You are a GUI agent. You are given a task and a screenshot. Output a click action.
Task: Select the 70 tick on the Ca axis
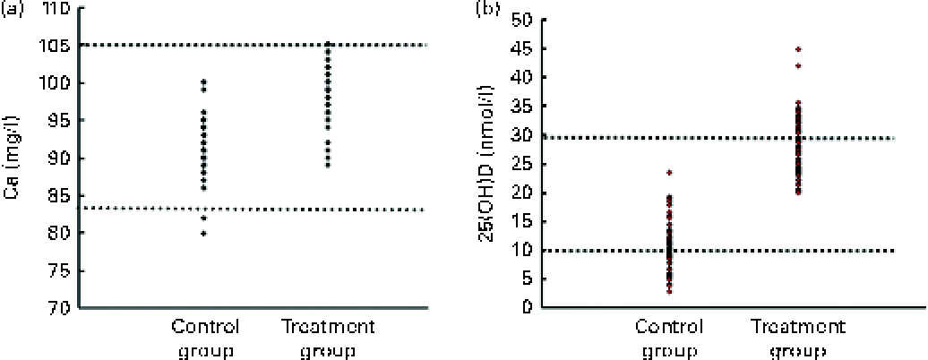54,307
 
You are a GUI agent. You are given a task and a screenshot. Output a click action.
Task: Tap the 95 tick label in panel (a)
54,121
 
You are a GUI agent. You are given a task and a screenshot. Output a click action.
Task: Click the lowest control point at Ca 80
204,233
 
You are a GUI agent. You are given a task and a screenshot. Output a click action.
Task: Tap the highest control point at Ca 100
204,82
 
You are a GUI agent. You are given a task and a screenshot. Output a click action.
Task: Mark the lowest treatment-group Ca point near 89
327,165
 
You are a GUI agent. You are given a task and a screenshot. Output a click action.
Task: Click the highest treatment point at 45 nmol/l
772,49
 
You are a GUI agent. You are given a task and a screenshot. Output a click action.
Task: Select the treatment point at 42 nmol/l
772,66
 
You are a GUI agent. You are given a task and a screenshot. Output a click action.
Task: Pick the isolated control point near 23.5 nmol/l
668,172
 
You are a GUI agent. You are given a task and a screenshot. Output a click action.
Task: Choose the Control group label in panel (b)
668,337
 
